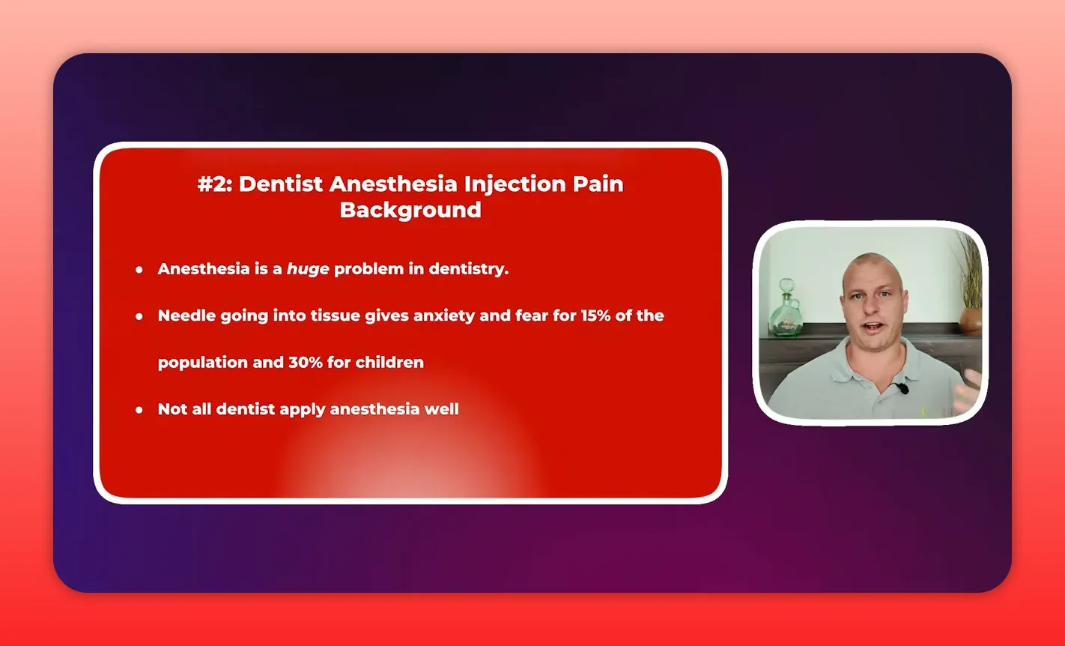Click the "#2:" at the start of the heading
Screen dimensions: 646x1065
click(215, 184)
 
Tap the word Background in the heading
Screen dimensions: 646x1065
click(410, 210)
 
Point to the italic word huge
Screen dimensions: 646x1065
click(308, 269)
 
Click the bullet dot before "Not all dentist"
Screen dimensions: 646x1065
click(139, 409)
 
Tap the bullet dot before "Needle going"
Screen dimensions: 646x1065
click(139, 316)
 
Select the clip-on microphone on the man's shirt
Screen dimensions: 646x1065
click(902, 387)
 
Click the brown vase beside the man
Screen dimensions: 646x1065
click(970, 320)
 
